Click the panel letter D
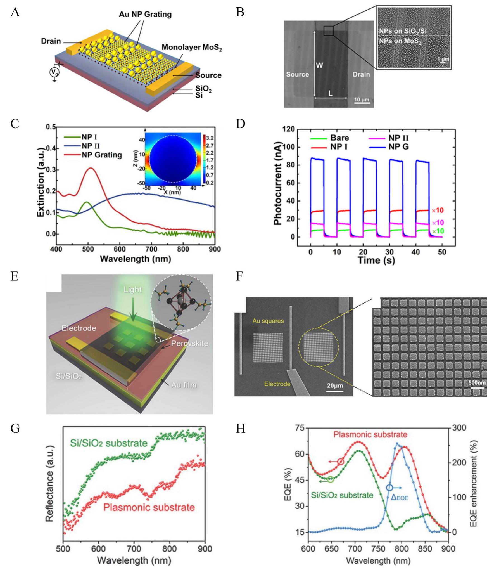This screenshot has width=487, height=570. (240, 124)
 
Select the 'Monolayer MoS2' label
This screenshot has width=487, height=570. (192, 48)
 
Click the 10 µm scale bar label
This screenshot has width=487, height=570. (362, 100)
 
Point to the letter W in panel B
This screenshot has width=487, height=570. (319, 65)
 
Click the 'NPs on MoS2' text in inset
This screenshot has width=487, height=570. (400, 41)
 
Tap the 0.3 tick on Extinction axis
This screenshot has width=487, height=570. (51, 170)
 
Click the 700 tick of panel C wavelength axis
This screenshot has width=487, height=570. (151, 249)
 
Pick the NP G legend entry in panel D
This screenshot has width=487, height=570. (398, 147)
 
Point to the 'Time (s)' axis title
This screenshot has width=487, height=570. (376, 260)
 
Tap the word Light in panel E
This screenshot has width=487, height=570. (133, 290)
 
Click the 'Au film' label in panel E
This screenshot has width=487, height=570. (184, 385)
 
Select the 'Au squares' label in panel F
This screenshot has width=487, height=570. (268, 321)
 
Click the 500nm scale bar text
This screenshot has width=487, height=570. (477, 383)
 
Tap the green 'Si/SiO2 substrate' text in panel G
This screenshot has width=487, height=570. (108, 443)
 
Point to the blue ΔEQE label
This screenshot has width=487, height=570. (399, 497)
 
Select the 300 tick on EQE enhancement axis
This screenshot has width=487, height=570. (459, 428)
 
